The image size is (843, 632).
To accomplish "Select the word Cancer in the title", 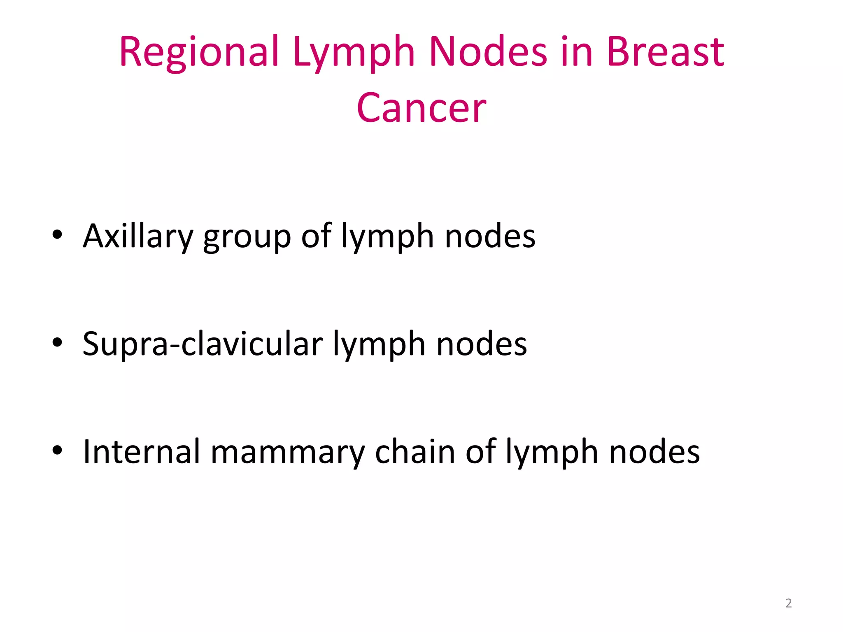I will (421, 108).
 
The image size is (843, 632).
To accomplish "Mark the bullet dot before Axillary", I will (57, 235).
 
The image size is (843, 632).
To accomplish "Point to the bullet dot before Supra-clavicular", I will (57, 342).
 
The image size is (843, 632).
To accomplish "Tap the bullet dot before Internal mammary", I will (57, 450).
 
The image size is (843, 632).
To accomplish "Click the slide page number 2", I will (788, 603).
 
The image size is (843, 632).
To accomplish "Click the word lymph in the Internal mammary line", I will (552, 453).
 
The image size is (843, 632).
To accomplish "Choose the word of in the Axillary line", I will (316, 236).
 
